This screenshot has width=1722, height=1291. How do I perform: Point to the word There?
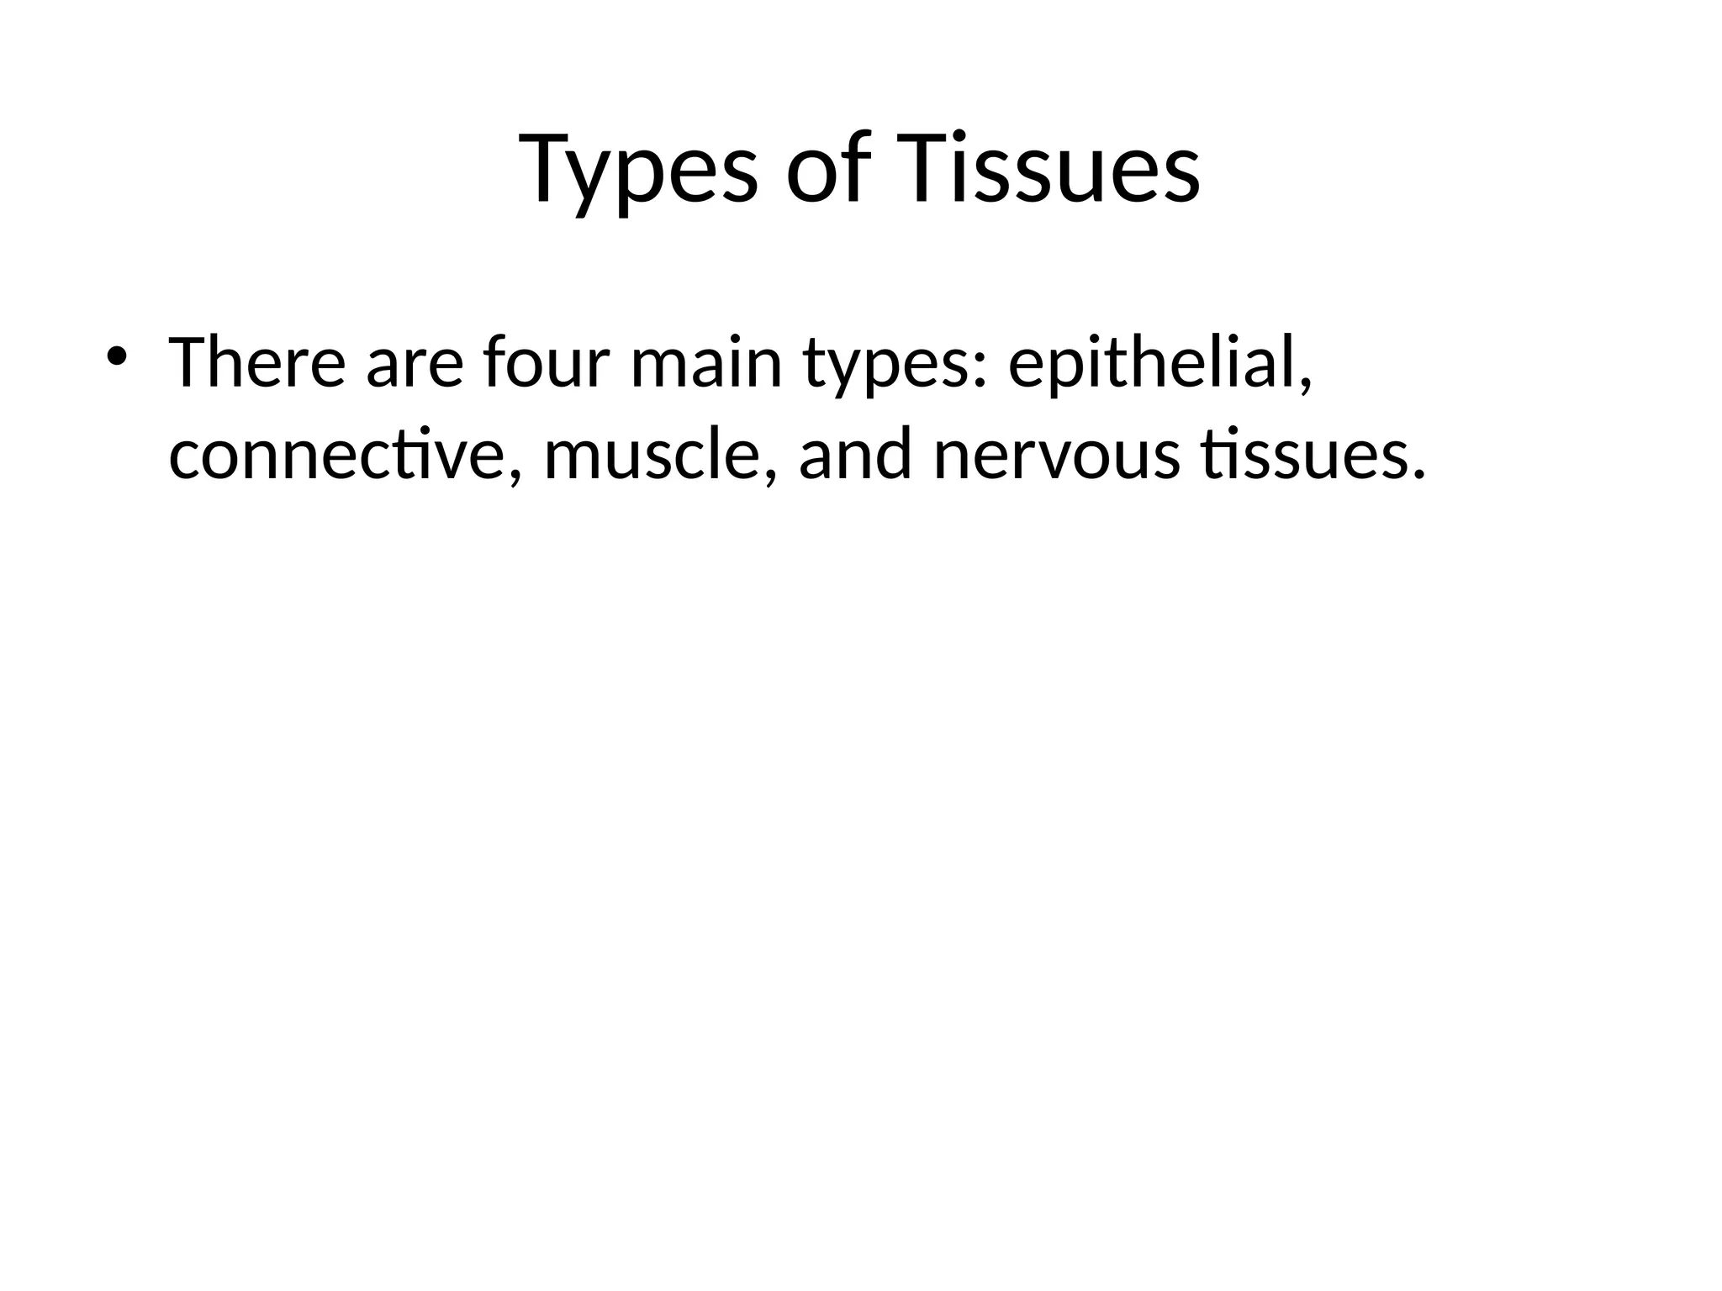256,363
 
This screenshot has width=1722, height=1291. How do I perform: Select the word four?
546,363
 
